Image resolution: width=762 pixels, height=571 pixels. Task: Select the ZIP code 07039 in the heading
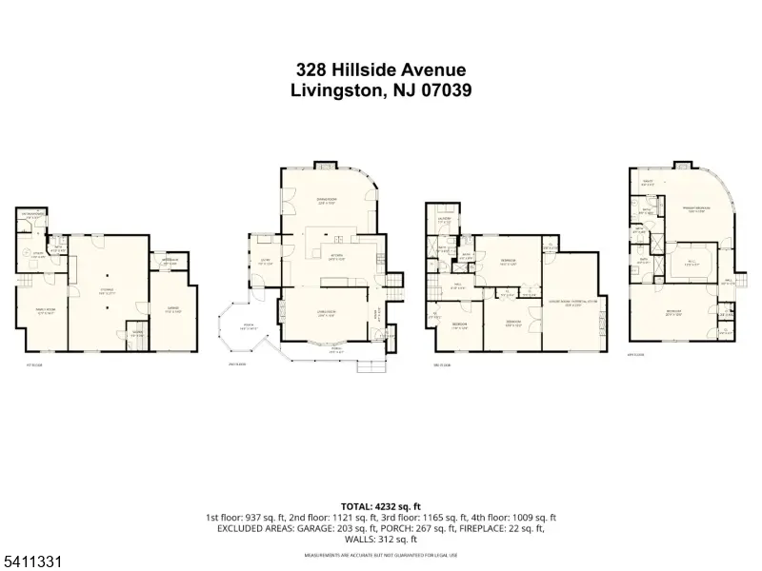[x=441, y=91]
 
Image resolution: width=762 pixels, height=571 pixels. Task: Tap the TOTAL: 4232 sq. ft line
[x=380, y=506]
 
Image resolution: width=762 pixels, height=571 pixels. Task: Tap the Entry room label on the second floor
[x=265, y=263]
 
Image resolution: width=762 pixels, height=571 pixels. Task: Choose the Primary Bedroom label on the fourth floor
[x=692, y=208]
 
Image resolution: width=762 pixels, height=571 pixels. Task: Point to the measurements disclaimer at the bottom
[x=380, y=555]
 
